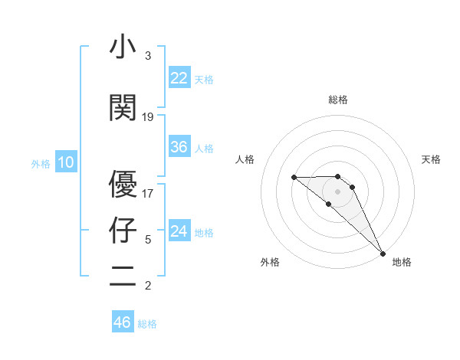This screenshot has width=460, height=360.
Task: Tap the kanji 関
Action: tap(123, 108)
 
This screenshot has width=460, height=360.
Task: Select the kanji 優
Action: tap(123, 184)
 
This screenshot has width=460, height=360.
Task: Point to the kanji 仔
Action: tap(123, 230)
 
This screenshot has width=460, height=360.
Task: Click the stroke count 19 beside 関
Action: tap(148, 117)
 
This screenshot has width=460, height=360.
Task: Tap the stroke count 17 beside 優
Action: tap(148, 193)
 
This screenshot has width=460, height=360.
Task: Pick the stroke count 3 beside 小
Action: tap(148, 56)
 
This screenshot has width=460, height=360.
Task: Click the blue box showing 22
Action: tap(179, 78)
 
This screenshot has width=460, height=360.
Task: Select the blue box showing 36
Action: tap(179, 147)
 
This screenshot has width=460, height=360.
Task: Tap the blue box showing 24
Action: tap(179, 231)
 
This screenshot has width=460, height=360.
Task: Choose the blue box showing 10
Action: tap(66, 162)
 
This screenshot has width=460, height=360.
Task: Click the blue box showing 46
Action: tap(123, 322)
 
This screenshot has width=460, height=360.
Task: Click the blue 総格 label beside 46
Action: tap(147, 324)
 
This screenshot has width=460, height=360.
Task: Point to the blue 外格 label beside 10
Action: tap(41, 163)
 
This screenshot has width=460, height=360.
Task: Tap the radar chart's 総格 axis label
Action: tap(338, 100)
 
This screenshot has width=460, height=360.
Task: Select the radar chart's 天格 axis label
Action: tap(432, 159)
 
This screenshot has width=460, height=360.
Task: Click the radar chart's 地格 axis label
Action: tap(402, 262)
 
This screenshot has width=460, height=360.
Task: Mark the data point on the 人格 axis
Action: tap(294, 177)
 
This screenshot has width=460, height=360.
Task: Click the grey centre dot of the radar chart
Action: tap(338, 191)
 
